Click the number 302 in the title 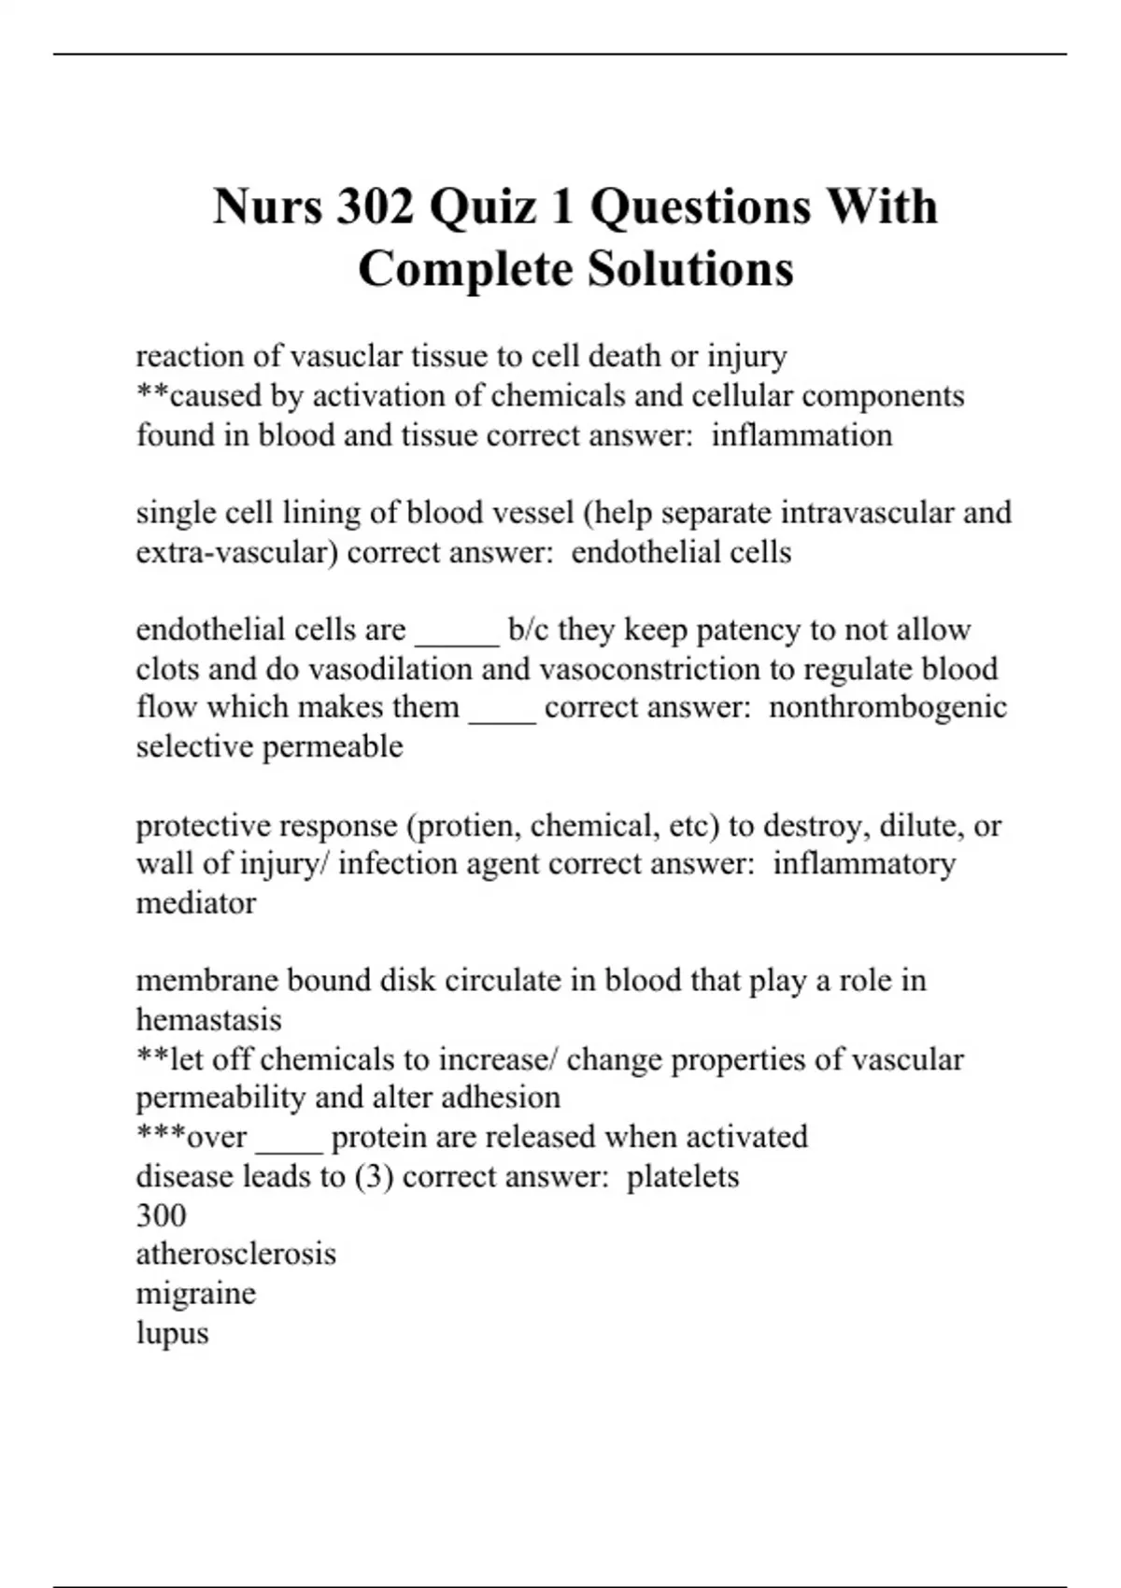pos(374,206)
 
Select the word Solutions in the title pos(690,269)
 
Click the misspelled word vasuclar pos(347,356)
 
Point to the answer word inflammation pos(802,435)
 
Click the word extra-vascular pos(236,552)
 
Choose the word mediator pos(196,903)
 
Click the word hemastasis pos(208,1019)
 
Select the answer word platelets pos(682,1176)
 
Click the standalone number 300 pos(161,1215)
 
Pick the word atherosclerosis pos(235,1254)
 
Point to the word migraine pos(195,1294)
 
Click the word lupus pos(172,1333)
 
